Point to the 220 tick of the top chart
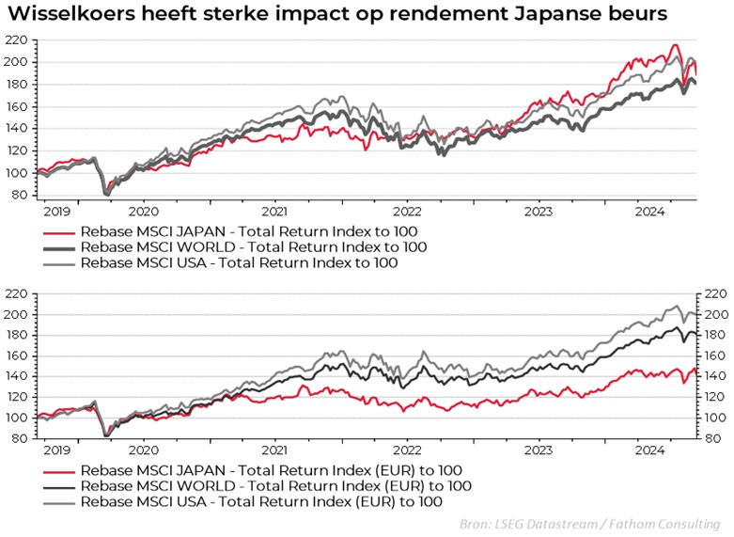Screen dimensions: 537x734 16,40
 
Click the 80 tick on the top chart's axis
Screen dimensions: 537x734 20,195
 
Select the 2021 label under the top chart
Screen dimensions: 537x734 273,213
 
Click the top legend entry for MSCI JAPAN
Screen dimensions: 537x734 248,230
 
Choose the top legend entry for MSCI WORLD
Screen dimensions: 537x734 253,246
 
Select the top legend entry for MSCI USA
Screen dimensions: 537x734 239,262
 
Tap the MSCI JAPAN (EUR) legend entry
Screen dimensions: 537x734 273,469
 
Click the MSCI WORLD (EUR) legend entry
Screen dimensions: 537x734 276,485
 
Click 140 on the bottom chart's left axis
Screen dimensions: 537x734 16,375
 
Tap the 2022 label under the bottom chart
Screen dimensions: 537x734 407,450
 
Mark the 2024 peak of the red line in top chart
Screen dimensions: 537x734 674,45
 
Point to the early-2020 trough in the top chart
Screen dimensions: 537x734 105,192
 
